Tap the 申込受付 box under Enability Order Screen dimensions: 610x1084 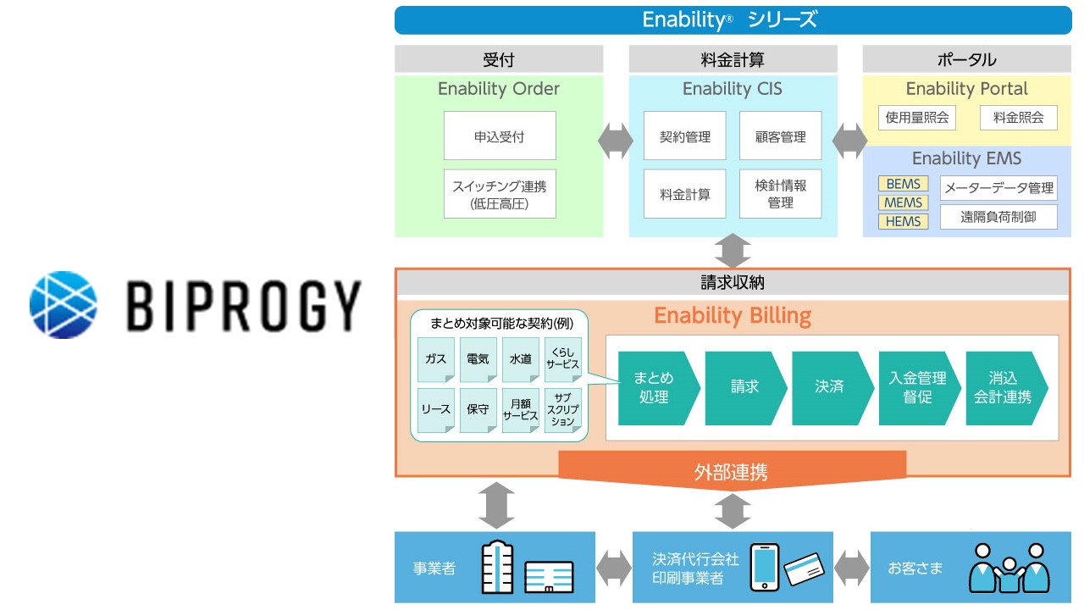(x=500, y=136)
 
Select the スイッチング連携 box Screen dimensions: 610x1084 (x=500, y=194)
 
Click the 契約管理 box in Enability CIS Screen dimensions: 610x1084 (x=684, y=136)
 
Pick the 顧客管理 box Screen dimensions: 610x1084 (x=780, y=136)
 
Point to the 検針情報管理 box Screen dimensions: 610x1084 (x=780, y=194)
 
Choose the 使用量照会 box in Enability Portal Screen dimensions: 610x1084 (x=916, y=118)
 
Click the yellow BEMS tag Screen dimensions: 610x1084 (x=903, y=184)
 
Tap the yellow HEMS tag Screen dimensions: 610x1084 (x=903, y=221)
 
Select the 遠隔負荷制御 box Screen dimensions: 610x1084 (x=998, y=217)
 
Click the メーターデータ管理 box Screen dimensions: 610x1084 (x=998, y=187)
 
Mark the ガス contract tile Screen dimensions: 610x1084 (x=435, y=359)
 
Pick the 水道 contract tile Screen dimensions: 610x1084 (x=520, y=359)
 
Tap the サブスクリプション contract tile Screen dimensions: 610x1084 (x=563, y=410)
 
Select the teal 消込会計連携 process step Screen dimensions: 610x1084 (x=1004, y=387)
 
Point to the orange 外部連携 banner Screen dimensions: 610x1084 (x=732, y=470)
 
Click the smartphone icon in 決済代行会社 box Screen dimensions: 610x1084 (x=764, y=566)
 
